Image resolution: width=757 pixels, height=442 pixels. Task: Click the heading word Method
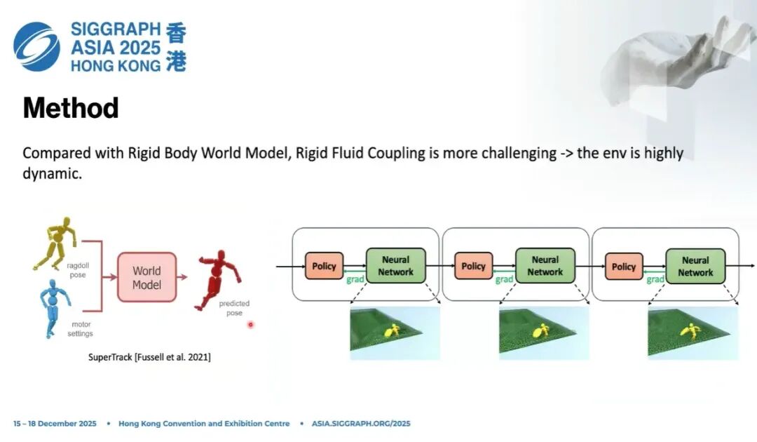pyautogui.click(x=70, y=109)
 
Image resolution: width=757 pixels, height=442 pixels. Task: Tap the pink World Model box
pyautogui.click(x=146, y=278)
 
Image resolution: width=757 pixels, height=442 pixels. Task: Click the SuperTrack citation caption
pyautogui.click(x=149, y=357)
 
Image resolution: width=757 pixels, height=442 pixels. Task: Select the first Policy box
pyautogui.click(x=324, y=266)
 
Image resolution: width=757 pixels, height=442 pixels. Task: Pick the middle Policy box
pyautogui.click(x=473, y=266)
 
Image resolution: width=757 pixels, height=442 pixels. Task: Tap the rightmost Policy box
pyautogui.click(x=623, y=267)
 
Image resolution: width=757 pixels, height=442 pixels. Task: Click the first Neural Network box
pyautogui.click(x=396, y=266)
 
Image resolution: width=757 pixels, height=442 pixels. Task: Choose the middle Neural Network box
pyautogui.click(x=545, y=266)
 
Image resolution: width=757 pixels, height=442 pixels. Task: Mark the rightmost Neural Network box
pyautogui.click(x=695, y=267)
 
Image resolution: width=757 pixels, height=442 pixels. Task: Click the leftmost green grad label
pyautogui.click(x=355, y=280)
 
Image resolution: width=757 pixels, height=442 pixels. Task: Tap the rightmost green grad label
pyautogui.click(x=655, y=280)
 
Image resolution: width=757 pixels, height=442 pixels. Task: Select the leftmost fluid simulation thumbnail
pyautogui.click(x=395, y=333)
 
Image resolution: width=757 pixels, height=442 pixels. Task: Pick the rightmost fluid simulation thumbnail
pyautogui.click(x=693, y=333)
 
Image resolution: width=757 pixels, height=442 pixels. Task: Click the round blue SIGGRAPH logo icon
pyautogui.click(x=36, y=46)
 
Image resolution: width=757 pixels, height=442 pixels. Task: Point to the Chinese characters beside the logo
pyautogui.click(x=176, y=47)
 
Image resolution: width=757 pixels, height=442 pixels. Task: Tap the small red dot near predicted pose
pyautogui.click(x=250, y=324)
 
